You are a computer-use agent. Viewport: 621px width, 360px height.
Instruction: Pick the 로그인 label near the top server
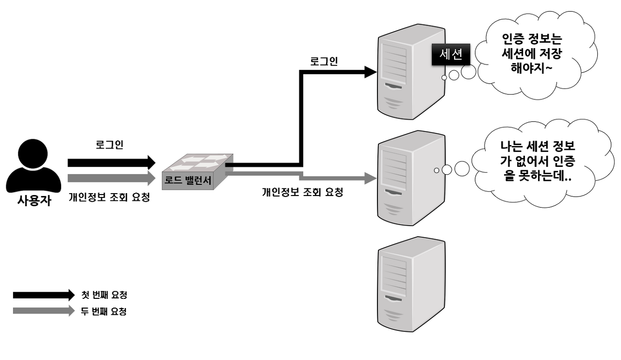pos(324,62)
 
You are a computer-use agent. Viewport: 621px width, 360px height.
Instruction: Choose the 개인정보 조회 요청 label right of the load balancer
pos(302,192)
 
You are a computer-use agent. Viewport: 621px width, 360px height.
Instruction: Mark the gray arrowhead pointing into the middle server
pos(371,178)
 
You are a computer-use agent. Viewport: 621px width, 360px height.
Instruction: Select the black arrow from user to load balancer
pos(111,163)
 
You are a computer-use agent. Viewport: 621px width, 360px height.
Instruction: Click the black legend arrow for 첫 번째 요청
pos(44,295)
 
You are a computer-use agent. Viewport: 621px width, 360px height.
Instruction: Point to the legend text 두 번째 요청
pos(104,311)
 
